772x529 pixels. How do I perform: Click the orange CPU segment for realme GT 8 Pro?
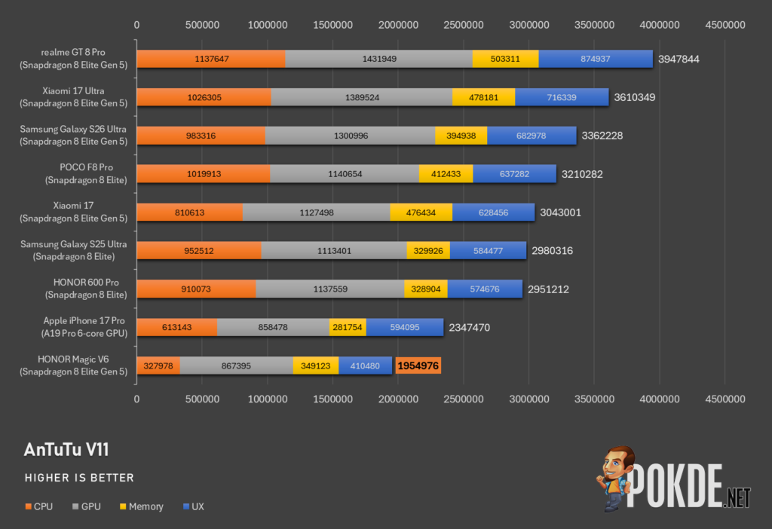(211, 59)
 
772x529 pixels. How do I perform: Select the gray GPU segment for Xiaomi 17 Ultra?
(362, 97)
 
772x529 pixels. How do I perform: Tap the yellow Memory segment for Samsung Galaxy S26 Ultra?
(461, 136)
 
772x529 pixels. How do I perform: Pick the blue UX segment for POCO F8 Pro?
(514, 174)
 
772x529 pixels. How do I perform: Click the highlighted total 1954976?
(418, 365)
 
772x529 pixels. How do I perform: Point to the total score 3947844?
(679, 59)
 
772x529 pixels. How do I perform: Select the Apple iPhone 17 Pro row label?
(84, 327)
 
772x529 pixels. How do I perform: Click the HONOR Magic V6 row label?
(73, 365)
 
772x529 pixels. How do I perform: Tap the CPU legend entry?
(39, 506)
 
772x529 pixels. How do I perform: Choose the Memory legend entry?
(141, 506)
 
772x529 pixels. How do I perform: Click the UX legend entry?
(193, 506)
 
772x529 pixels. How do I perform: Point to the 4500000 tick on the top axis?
(725, 25)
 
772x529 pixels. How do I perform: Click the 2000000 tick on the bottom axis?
(398, 399)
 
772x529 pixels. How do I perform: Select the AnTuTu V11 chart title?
(66, 449)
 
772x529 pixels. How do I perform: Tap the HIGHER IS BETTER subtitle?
(79, 478)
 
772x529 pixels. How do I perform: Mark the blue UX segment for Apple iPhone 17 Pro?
(405, 327)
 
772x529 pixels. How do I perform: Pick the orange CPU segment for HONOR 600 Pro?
(196, 289)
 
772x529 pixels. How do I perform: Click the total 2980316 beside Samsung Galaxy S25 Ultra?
(552, 251)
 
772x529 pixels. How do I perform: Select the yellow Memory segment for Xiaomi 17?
(421, 213)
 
